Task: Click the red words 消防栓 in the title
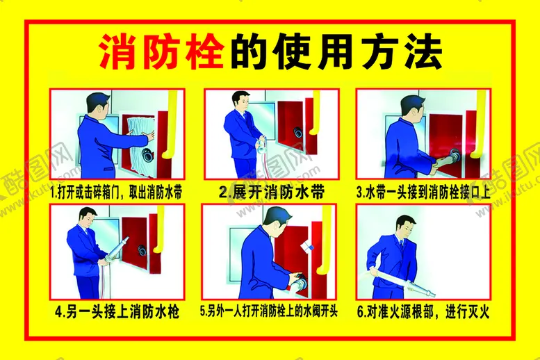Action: pyautogui.click(x=161, y=51)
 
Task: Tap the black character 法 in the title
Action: pyautogui.click(x=423, y=51)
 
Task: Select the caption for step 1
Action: pyautogui.click(x=116, y=193)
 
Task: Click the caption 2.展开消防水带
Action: pyautogui.click(x=271, y=193)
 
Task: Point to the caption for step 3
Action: pyautogui.click(x=424, y=193)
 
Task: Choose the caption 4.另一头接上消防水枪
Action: pyautogui.click(x=117, y=312)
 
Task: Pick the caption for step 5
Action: pyautogui.click(x=269, y=311)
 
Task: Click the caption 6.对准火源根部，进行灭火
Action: pyautogui.click(x=423, y=312)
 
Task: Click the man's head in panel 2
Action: pyautogui.click(x=240, y=101)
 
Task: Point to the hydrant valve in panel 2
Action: pyautogui.click(x=297, y=131)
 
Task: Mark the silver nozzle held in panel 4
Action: pyautogui.click(x=117, y=249)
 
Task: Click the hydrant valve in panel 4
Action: pyautogui.click(x=142, y=249)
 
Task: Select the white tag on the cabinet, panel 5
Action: pyautogui.click(x=308, y=247)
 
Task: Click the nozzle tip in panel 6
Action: pyautogui.click(x=432, y=294)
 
